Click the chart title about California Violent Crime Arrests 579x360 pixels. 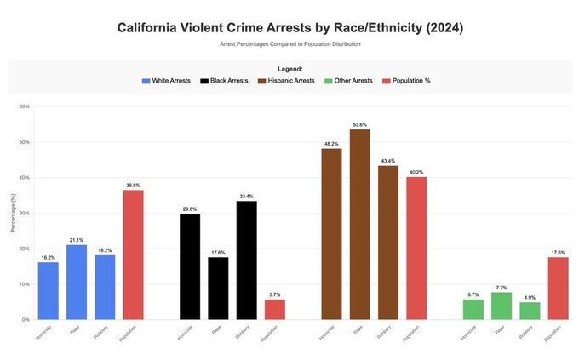tap(289, 28)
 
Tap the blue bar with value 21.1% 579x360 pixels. tap(76, 282)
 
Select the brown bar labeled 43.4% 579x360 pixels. tap(388, 243)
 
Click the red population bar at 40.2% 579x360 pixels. tap(416, 248)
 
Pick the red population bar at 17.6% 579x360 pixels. tap(559, 288)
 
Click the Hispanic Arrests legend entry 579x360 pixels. tap(286, 81)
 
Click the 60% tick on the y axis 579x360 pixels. tap(24, 106)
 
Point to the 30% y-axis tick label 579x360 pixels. tap(24, 213)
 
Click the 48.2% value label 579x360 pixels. tap(331, 143)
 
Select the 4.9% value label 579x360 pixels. tap(530, 297)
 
